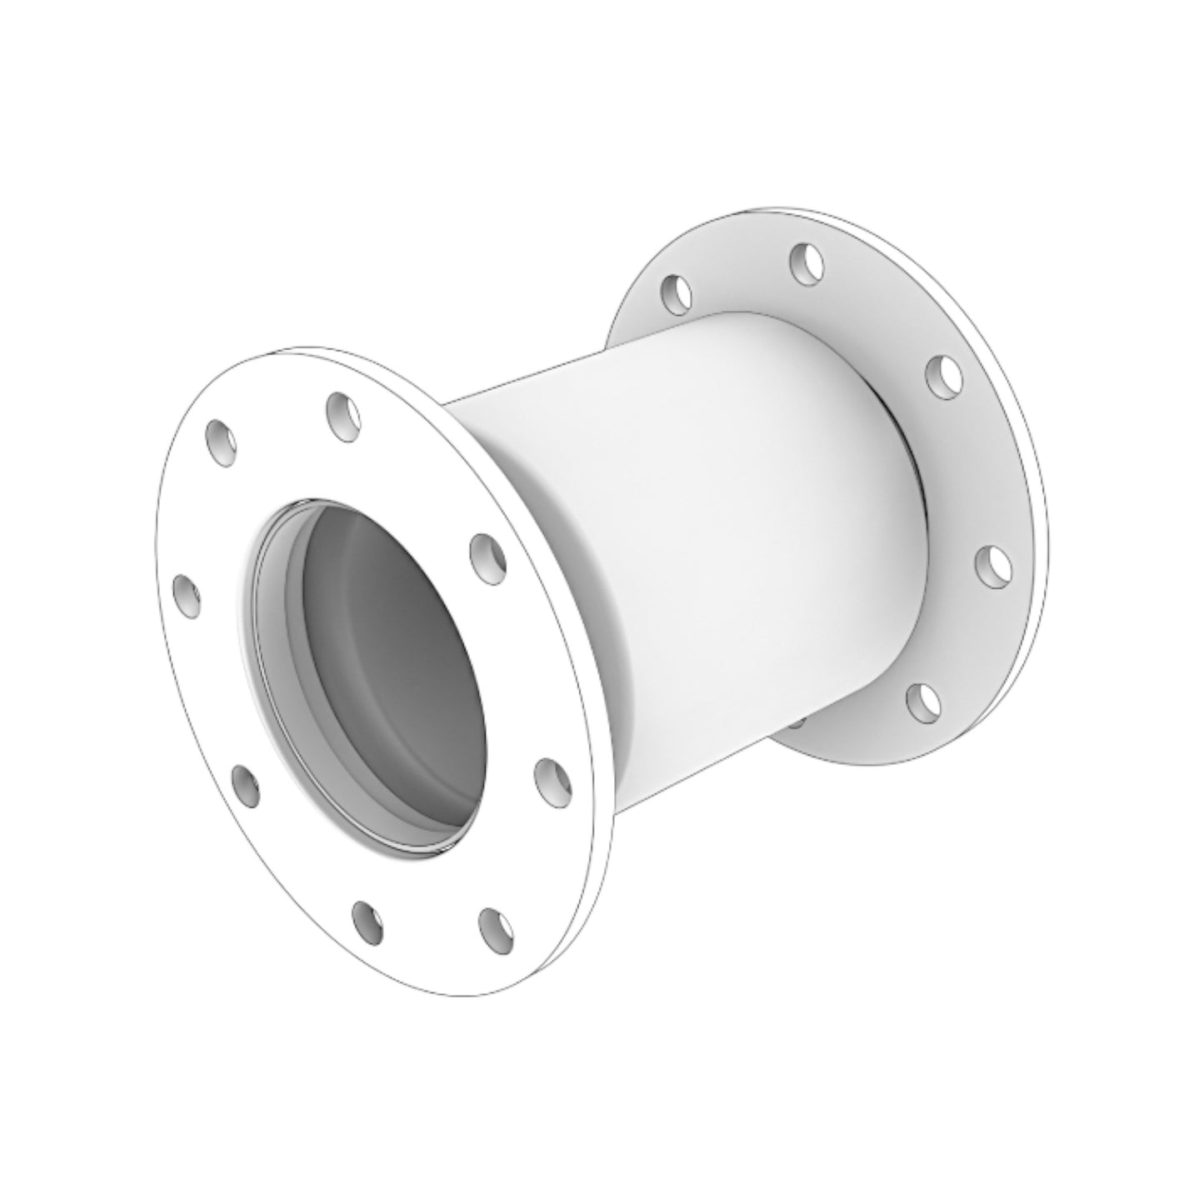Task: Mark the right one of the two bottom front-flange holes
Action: tap(497, 929)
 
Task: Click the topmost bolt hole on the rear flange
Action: tap(807, 263)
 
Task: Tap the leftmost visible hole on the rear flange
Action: tap(677, 293)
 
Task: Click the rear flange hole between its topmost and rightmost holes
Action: tap(944, 373)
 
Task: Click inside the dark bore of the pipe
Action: tap(392, 667)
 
